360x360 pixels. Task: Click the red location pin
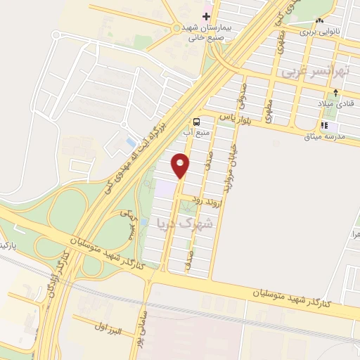tap(181, 165)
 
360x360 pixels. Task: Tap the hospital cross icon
tap(206, 15)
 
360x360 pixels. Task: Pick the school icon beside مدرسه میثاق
tap(325, 127)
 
